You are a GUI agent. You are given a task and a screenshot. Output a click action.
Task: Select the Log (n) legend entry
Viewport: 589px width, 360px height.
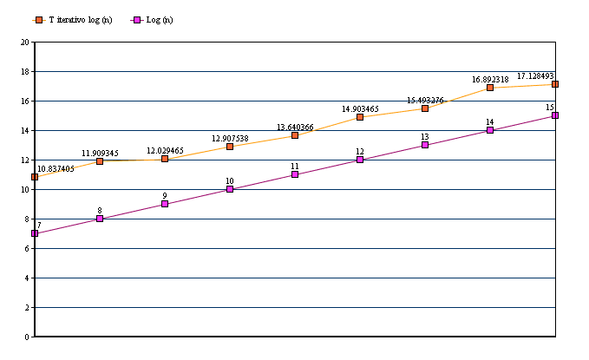(155, 19)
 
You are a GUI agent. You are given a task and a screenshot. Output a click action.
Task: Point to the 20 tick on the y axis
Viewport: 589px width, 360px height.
(25, 42)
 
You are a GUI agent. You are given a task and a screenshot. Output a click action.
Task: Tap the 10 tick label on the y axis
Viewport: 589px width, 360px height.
(25, 189)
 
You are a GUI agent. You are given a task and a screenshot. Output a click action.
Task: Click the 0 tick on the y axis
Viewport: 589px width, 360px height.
(27, 337)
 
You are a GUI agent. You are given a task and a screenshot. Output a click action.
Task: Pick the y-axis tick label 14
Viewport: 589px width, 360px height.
(25, 130)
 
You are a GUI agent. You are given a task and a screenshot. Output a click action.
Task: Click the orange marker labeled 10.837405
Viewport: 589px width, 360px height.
(35, 177)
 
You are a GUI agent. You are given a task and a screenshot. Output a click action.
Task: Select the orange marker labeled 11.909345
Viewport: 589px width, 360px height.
(100, 161)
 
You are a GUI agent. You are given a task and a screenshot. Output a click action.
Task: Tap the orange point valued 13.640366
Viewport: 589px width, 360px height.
(295, 135)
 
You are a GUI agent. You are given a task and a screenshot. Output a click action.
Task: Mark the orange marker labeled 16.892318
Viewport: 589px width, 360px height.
(490, 88)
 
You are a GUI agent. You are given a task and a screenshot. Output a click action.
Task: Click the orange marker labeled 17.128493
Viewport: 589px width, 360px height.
(555, 84)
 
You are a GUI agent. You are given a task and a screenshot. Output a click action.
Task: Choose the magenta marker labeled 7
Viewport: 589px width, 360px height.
(35, 233)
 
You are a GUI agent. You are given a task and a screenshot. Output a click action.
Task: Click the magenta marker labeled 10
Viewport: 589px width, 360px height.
(230, 189)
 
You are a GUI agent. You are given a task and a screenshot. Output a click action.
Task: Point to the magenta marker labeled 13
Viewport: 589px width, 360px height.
(425, 145)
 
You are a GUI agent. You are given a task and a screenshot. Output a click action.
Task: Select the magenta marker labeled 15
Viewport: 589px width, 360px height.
(555, 115)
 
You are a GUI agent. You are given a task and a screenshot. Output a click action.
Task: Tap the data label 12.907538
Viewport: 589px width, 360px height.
(230, 138)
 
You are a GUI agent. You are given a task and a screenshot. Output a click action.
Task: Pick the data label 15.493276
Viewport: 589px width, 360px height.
(425, 101)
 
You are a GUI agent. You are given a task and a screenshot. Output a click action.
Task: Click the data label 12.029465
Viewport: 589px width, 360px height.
(165, 151)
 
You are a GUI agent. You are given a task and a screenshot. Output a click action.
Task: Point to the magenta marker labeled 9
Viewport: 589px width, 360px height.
(165, 204)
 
